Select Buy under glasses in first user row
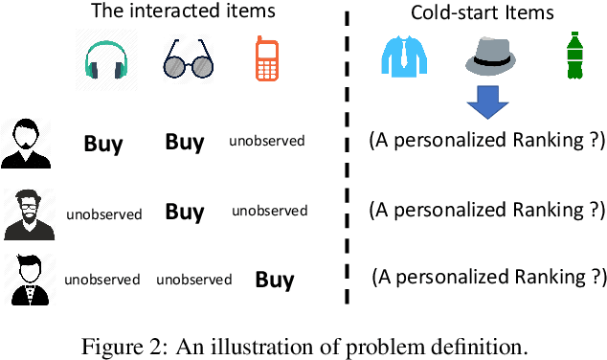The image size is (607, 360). coord(184,143)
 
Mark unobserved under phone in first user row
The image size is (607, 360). coord(267,142)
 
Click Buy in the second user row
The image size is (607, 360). coord(184,212)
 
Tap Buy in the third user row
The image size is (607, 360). coord(274,280)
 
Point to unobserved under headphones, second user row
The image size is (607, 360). coord(104,214)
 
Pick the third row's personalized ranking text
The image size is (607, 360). coord(488,277)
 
